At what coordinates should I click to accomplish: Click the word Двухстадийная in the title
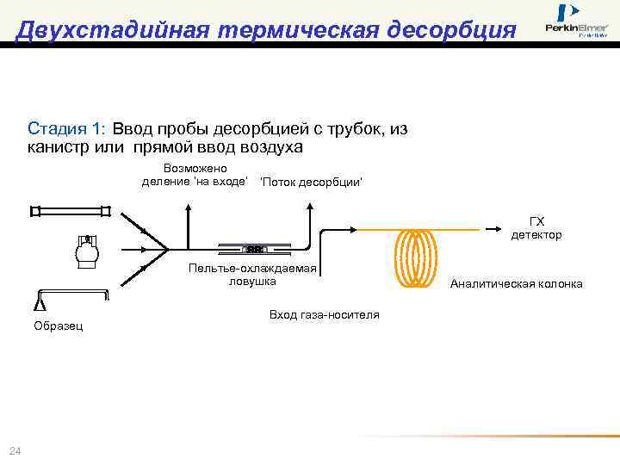coord(112,29)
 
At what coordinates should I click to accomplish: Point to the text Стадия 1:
coord(66,129)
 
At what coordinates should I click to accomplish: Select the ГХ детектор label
coord(536,228)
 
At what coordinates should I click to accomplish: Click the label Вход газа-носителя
coord(324,314)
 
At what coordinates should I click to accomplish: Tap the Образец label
coord(58,326)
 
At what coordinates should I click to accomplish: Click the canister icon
coord(87,251)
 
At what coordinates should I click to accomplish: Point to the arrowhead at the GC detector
coord(499,229)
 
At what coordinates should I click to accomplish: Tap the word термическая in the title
coord(289,29)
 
